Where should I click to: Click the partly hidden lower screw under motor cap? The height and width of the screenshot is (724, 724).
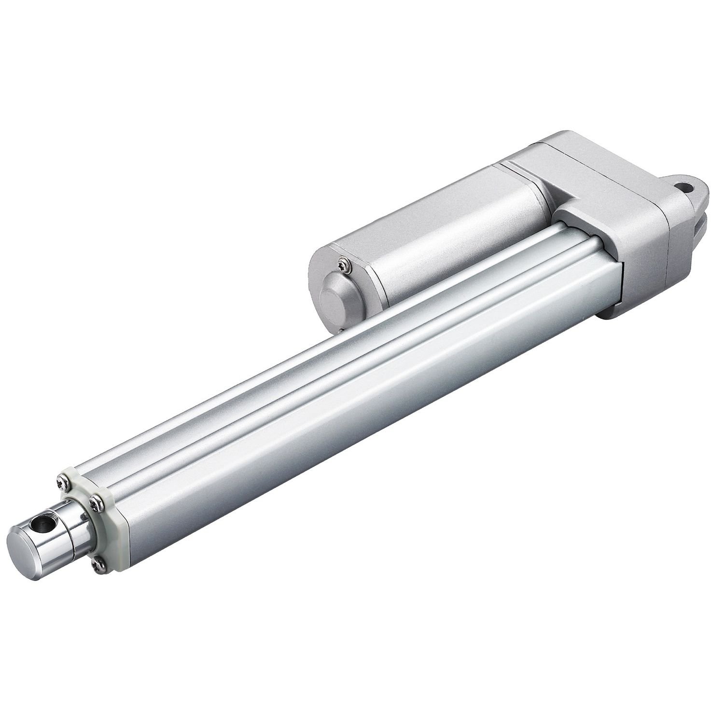(x=342, y=330)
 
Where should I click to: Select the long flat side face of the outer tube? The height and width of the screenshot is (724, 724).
(x=362, y=434)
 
